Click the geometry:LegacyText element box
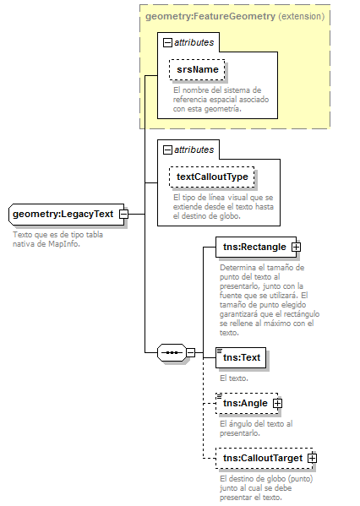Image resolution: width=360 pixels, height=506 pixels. pos(63,214)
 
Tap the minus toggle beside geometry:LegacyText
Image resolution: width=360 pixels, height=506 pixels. pos(123,214)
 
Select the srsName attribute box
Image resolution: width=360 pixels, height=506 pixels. pos(197,68)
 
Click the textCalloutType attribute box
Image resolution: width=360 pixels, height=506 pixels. pos(212,177)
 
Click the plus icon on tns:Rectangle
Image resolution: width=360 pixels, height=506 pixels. pos(296,247)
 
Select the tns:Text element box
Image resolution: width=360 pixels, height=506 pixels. pos(241,357)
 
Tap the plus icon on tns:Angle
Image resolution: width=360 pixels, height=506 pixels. pos(277,404)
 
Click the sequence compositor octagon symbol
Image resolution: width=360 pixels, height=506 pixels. pos(172,351)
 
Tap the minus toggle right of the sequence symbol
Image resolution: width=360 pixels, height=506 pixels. pos(191,351)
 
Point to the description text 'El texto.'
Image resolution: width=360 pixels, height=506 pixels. pos(234,378)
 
